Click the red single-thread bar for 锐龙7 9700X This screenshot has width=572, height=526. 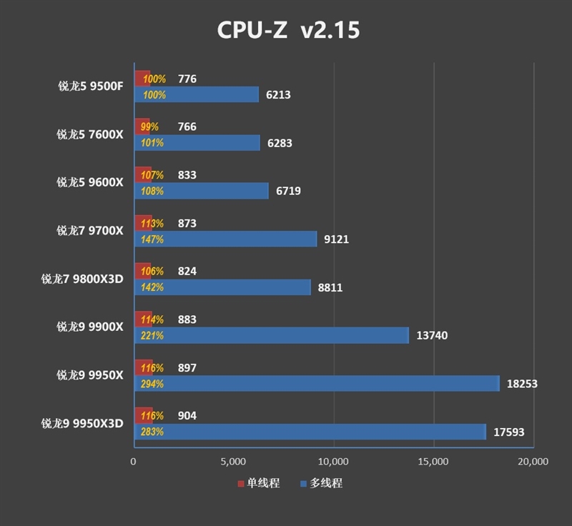point(143,223)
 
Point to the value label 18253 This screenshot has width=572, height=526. point(522,384)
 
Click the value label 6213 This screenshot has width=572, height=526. point(278,94)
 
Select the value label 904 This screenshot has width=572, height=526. point(187,416)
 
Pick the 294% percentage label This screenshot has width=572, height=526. point(153,384)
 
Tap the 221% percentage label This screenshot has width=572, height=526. point(153,335)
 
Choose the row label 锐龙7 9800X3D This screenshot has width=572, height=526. point(82,279)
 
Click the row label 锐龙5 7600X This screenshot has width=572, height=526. point(90,134)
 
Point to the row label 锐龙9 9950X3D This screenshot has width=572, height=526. point(82,423)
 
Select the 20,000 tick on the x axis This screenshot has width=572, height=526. point(533,461)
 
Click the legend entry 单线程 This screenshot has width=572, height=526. point(259,483)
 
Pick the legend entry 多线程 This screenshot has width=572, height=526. point(321,483)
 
